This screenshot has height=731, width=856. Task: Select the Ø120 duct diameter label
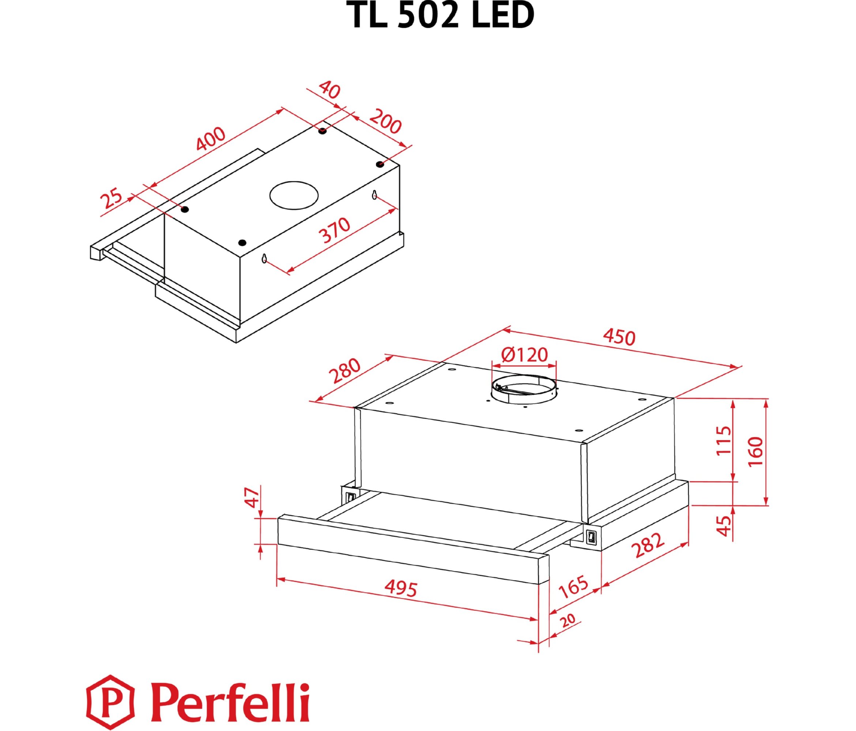click(524, 354)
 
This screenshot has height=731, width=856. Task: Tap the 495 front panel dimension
click(401, 589)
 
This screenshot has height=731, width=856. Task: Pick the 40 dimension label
click(329, 90)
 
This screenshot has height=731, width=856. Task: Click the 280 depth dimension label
click(344, 371)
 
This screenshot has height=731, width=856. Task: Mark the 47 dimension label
click(253, 498)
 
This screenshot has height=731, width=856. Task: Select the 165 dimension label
click(573, 587)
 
